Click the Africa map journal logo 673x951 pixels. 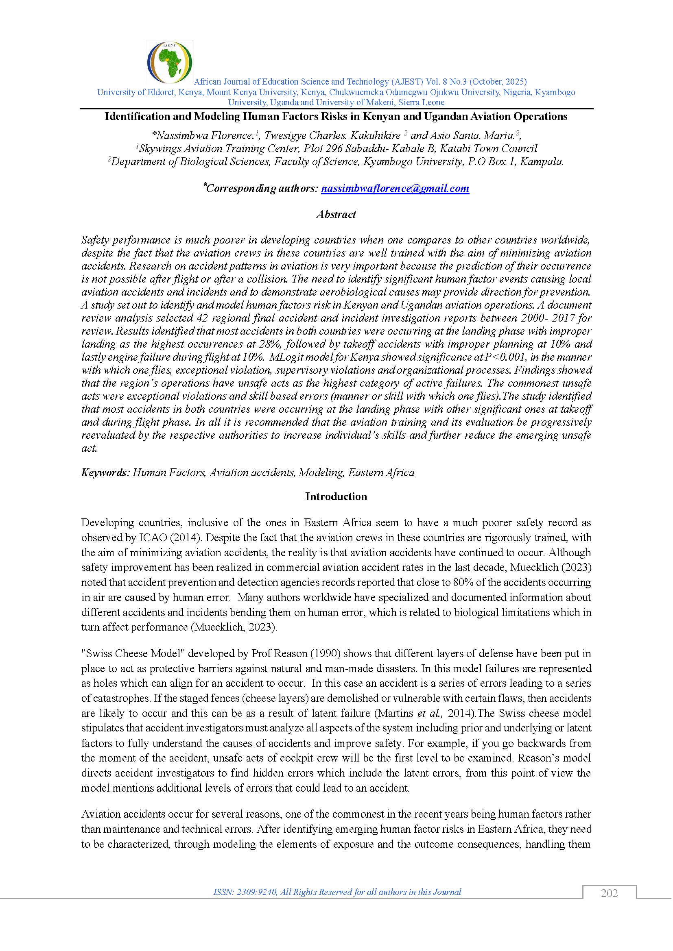pyautogui.click(x=170, y=62)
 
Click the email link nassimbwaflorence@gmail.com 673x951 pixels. pyautogui.click(x=395, y=189)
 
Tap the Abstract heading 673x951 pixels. pyautogui.click(x=336, y=215)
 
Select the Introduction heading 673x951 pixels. pyautogui.click(x=336, y=496)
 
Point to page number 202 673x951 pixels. pyautogui.click(x=609, y=893)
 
